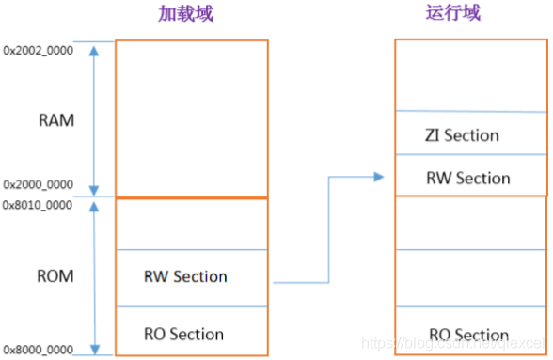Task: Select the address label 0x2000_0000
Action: click(39, 185)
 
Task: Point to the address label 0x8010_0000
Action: click(39, 204)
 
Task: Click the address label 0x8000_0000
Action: click(39, 349)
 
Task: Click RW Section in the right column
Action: click(468, 178)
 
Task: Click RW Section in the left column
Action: click(185, 276)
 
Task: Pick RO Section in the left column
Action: click(183, 334)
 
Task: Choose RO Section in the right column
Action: click(468, 335)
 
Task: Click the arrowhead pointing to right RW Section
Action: click(379, 177)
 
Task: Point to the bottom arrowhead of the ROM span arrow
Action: click(93, 348)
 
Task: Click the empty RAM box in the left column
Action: click(191, 117)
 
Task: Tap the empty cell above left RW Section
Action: click(191, 224)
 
